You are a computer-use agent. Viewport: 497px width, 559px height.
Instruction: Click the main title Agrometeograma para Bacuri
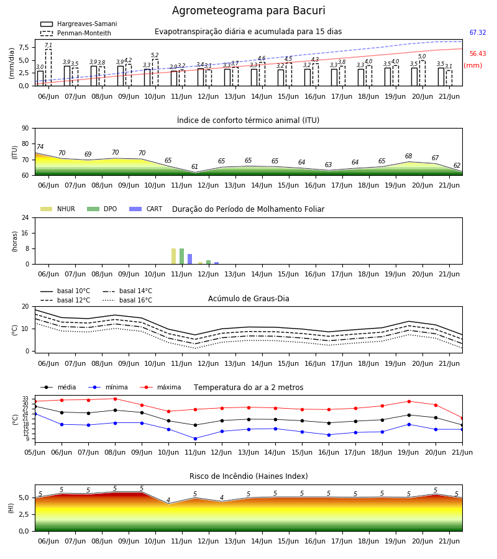(248, 11)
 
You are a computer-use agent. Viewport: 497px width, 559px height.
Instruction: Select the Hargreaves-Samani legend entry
(78, 24)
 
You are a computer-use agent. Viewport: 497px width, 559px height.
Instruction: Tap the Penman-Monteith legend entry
(76, 33)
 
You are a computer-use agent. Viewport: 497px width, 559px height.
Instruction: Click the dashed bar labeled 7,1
(48, 67)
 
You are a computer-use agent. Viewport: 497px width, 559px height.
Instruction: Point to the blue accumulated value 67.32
(478, 32)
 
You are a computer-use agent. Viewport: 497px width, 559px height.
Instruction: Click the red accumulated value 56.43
(478, 53)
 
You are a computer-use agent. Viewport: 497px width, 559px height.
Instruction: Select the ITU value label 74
(40, 147)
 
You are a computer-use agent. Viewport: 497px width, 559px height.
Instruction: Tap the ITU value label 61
(194, 166)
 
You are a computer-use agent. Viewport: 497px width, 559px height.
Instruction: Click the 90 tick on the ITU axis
(25, 129)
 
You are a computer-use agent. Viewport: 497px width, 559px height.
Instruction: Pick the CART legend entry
(145, 209)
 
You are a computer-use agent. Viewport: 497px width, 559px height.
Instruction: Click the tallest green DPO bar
(182, 257)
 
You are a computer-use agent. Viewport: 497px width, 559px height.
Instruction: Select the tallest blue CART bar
(189, 259)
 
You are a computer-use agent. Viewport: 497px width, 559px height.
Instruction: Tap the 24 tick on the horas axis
(25, 217)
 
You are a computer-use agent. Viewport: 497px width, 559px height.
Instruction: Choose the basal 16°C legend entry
(127, 300)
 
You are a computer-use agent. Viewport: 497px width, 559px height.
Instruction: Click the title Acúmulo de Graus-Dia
(248, 298)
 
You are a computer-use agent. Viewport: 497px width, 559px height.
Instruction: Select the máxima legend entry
(160, 387)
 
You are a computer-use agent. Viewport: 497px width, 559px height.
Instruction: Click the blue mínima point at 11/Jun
(195, 439)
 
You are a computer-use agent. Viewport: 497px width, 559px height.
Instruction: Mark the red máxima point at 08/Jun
(115, 399)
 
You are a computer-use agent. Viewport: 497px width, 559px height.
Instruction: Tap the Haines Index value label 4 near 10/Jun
(168, 500)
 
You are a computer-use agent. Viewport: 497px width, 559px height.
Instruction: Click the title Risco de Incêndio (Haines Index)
(248, 476)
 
